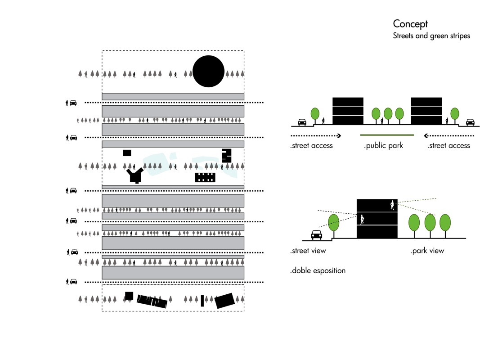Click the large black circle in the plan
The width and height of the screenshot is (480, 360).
point(208,72)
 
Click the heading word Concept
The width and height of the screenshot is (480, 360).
point(410,24)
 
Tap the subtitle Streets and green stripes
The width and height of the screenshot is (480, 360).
point(431,36)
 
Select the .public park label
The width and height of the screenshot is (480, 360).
point(383,145)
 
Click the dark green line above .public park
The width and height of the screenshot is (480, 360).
point(386,135)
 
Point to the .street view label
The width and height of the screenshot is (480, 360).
point(308,251)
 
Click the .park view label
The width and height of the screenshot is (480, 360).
point(427,251)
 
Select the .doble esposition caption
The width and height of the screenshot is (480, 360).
point(318,270)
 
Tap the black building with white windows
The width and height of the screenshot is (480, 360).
point(205,177)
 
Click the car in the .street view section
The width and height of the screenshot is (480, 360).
point(317,234)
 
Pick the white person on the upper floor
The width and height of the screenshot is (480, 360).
point(393,205)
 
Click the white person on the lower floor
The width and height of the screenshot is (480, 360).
point(362,220)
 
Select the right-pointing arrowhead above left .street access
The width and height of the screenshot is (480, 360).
point(339,135)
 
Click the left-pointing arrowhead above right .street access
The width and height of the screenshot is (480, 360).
point(425,135)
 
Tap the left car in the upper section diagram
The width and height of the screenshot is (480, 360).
point(302,122)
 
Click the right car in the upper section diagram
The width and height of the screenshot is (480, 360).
point(470,122)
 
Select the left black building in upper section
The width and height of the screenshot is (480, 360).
point(348,111)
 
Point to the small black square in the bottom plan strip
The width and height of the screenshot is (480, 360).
point(129,296)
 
